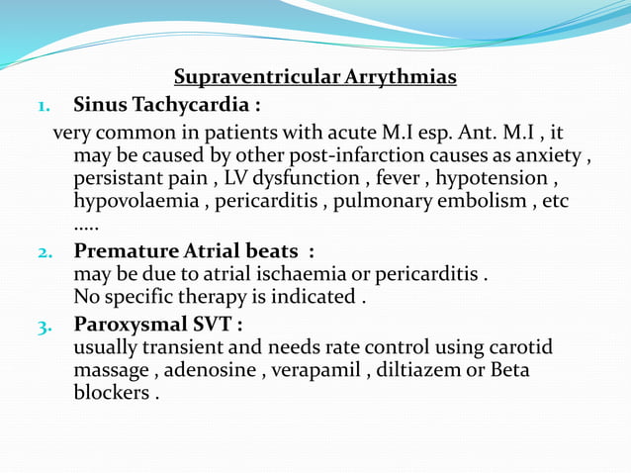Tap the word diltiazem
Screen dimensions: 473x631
397,370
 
